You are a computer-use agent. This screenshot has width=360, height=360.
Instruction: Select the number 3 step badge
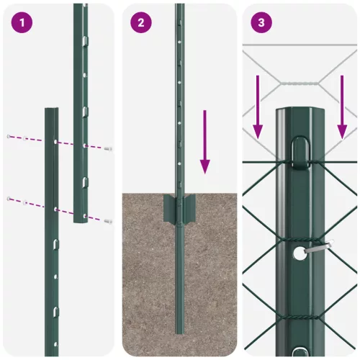point(261,22)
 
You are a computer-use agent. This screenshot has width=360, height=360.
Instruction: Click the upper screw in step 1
point(108,148)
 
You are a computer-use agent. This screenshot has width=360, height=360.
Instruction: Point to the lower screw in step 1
point(108,221)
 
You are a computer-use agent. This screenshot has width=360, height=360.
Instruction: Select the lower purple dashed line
point(58,207)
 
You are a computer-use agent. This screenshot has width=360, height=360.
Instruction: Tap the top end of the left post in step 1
point(52,111)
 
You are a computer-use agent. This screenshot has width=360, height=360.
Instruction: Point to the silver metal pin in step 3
point(317,248)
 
